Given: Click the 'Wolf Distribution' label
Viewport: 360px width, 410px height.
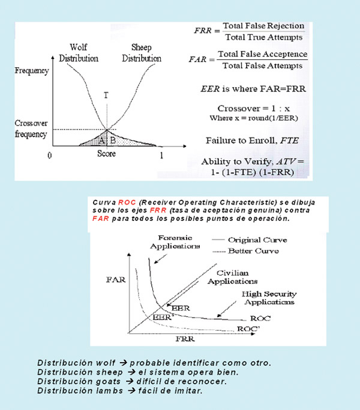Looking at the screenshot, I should (78, 53).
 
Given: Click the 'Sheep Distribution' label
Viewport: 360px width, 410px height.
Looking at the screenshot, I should (142, 53).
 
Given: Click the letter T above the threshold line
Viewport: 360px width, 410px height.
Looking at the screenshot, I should (106, 95).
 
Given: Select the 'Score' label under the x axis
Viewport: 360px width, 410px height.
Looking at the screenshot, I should (106, 154).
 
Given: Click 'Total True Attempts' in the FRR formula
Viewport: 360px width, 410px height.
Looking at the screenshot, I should (263, 37).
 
